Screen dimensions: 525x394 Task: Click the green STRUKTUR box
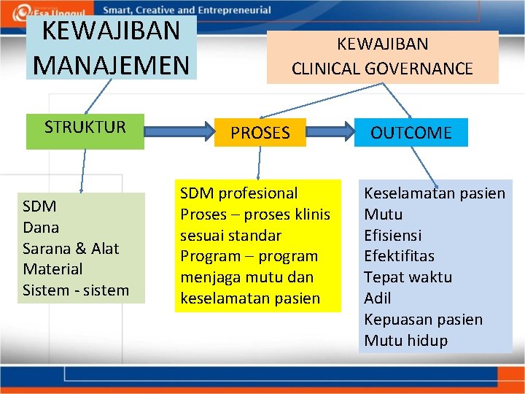coord(85,128)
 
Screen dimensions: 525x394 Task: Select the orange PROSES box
coord(260,133)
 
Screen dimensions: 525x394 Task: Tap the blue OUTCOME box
coord(411,133)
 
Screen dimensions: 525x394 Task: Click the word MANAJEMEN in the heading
coord(111,64)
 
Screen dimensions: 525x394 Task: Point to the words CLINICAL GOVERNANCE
coord(382,69)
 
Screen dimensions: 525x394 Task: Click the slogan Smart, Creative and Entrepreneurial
coord(186,10)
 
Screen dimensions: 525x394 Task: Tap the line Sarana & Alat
coord(71,248)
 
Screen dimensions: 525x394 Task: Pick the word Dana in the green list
coord(41,227)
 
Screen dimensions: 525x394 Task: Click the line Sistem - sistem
coord(76,290)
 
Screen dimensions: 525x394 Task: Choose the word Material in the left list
coord(52,269)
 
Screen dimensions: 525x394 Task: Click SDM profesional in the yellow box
coord(239,193)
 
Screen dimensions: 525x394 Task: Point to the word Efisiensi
coord(393,236)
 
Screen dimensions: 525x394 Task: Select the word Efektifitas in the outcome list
coord(399,256)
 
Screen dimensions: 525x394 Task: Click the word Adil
coord(378,298)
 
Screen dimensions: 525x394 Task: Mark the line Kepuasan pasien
coord(423,320)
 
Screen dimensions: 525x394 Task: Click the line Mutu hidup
coord(405,341)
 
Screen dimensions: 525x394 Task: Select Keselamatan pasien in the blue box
coord(435,193)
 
